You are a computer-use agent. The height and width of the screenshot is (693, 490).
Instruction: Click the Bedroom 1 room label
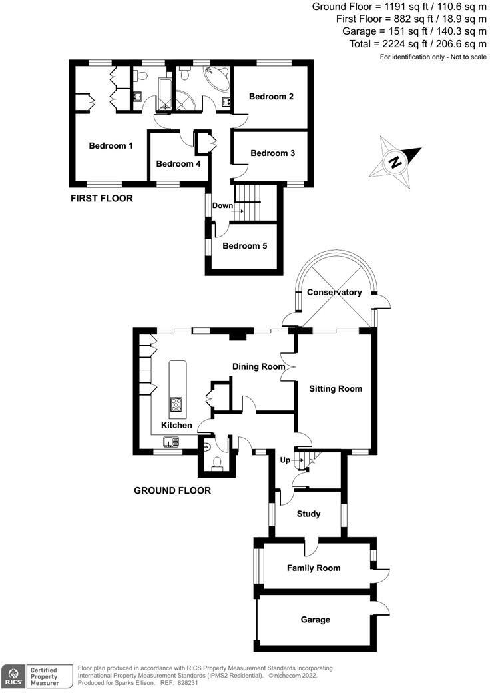point(111,146)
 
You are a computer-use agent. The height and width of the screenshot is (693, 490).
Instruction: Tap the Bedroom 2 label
point(271,97)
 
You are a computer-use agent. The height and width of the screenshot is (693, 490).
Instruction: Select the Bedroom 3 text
point(272,153)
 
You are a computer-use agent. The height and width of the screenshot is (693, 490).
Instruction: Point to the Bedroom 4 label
point(178,164)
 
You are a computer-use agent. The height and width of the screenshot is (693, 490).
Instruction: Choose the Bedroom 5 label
point(244,246)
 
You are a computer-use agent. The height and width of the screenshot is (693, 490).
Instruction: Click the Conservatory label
point(334,293)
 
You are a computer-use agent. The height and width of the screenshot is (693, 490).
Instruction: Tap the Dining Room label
point(258,366)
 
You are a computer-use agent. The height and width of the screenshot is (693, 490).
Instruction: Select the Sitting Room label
point(336,388)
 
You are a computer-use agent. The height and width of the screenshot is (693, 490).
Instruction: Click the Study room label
point(308,514)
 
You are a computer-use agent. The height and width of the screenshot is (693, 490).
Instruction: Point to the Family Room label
point(314,568)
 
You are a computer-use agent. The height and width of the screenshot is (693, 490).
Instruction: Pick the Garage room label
point(315,620)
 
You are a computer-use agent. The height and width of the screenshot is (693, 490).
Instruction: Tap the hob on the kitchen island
point(177,404)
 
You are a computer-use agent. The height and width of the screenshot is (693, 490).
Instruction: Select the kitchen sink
point(170,440)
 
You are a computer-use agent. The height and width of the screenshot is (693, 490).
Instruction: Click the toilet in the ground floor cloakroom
point(217,464)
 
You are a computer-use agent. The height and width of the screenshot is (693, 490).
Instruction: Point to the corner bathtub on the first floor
point(217,78)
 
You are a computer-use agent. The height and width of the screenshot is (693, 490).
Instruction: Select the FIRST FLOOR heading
point(102,199)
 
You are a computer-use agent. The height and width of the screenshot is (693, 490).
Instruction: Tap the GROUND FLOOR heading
point(172,491)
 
